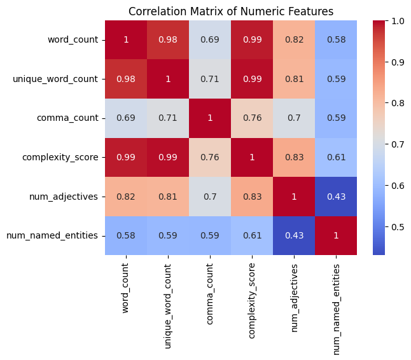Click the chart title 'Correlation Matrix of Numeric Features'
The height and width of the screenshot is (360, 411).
(231, 11)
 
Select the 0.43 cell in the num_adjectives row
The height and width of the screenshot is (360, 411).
(337, 197)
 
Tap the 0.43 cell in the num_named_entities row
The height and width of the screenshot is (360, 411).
(295, 235)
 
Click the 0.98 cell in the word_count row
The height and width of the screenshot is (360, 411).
(168, 40)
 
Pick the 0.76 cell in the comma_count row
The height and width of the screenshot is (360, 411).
(252, 118)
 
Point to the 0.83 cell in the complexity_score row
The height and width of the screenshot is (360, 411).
(295, 157)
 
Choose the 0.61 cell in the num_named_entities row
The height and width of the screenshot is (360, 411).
(252, 235)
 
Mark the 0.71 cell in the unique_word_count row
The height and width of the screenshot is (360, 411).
(210, 79)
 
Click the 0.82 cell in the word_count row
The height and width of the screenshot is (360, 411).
(295, 40)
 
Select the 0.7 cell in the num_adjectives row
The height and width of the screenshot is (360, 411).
(210, 197)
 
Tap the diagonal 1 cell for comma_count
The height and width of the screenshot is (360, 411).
(210, 118)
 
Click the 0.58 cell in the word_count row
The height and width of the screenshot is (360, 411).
(337, 40)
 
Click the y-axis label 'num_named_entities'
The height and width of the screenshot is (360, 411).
(52, 235)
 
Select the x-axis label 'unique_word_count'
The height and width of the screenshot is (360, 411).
(168, 304)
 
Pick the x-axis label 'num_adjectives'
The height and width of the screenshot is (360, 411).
(295, 298)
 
